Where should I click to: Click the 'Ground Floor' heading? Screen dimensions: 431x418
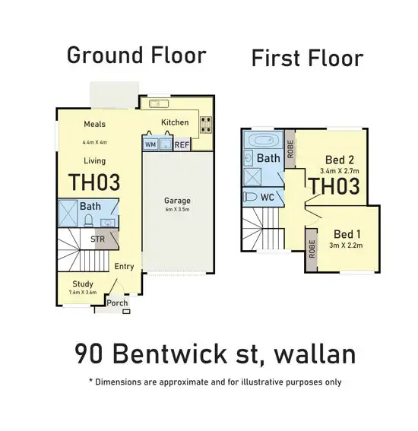pyautogui.click(x=136, y=55)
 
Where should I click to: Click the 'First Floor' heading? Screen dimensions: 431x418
pyautogui.click(x=307, y=58)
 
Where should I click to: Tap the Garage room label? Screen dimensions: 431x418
pyautogui.click(x=177, y=201)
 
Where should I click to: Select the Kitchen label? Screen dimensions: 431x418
pyautogui.click(x=174, y=122)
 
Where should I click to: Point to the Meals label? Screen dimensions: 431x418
pyautogui.click(x=94, y=125)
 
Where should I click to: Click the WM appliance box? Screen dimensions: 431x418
pyautogui.click(x=150, y=144)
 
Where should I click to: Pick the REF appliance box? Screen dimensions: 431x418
pyautogui.click(x=182, y=144)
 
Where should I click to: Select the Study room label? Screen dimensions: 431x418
pyautogui.click(x=83, y=284)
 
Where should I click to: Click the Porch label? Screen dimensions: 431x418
pyautogui.click(x=117, y=303)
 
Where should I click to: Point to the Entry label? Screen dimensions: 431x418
pyautogui.click(x=124, y=267)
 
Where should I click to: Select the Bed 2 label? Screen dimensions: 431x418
pyautogui.click(x=339, y=160)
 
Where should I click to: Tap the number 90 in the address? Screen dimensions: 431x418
pyautogui.click(x=89, y=354)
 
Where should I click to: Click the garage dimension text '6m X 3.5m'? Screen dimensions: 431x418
pyautogui.click(x=177, y=211)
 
